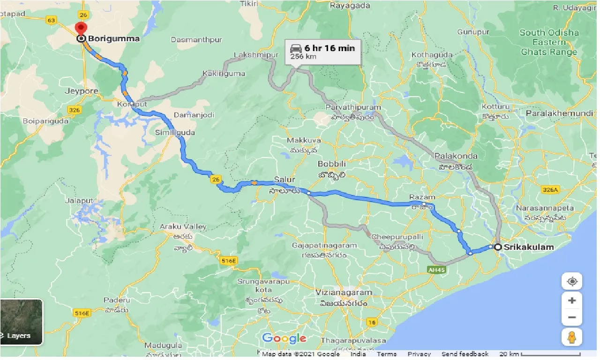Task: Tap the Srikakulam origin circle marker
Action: (498, 247)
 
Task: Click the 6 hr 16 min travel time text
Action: (330, 48)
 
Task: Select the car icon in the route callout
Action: (296, 48)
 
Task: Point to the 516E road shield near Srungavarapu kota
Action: (229, 260)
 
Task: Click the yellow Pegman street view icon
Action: (572, 337)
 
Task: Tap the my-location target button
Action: (572, 282)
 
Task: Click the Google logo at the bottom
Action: (284, 338)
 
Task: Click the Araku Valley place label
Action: (183, 226)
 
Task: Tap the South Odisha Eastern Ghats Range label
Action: (549, 42)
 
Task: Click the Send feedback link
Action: (465, 354)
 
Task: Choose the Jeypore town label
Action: (82, 91)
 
